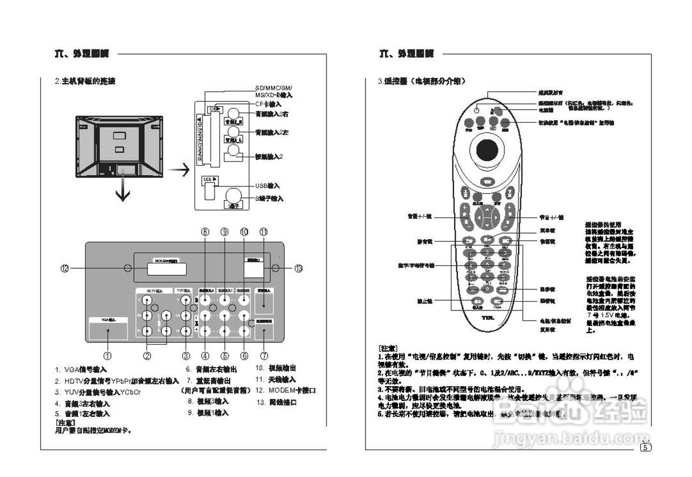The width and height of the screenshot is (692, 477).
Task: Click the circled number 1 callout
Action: coord(108,356)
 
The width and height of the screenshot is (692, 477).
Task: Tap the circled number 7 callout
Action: coord(264,356)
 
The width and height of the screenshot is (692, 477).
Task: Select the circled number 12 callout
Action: coord(65,268)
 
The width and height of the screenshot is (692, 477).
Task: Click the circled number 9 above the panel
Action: coord(224,231)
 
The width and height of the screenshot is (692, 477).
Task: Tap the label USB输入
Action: coord(267,186)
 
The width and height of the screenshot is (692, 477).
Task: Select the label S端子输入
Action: coord(269,198)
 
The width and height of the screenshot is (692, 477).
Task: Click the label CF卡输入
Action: coord(268,104)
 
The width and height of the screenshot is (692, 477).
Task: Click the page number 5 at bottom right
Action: coord(646,447)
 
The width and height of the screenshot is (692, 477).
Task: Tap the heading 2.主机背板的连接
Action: coord(85,81)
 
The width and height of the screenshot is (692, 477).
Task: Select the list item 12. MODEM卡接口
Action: coord(285,390)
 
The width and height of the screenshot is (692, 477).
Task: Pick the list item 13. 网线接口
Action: coord(277,402)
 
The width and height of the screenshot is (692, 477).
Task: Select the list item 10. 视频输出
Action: coord(276,368)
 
